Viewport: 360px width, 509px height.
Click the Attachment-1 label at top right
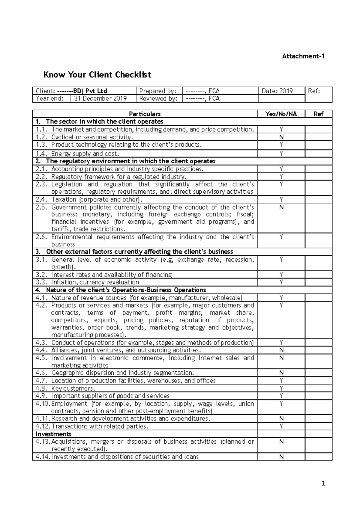(x=303, y=56)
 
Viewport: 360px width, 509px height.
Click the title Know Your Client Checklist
(x=97, y=75)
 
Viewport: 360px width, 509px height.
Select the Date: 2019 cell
(x=277, y=91)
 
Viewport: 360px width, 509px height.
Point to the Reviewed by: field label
(x=157, y=98)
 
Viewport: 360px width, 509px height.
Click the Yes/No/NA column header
(x=281, y=114)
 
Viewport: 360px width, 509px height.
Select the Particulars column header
(x=145, y=114)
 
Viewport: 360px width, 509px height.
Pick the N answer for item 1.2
(x=281, y=137)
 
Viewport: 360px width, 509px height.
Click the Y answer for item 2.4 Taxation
(x=281, y=199)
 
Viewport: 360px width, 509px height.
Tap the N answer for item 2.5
(x=281, y=207)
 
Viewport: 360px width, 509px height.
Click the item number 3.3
(x=41, y=282)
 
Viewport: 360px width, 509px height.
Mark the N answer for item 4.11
(x=281, y=418)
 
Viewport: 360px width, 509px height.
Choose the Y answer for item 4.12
(x=281, y=426)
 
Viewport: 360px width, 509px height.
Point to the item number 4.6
(x=41, y=373)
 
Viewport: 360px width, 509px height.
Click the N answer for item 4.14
(x=281, y=457)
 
